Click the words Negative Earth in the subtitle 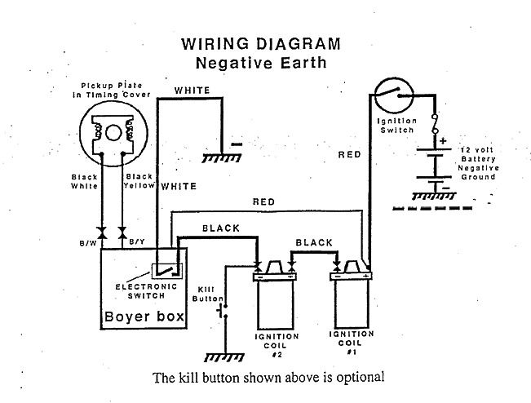(x=261, y=62)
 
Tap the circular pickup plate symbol (x=109, y=130)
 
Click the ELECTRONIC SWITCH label (x=144, y=290)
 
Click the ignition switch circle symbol (x=398, y=96)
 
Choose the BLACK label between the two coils (x=313, y=243)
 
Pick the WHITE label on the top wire (x=192, y=90)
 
